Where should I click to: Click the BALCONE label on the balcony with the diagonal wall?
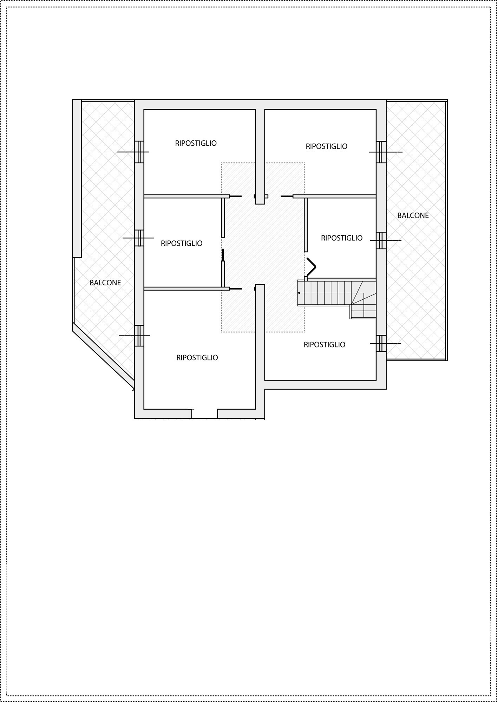point(105,283)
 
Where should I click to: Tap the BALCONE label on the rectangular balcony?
point(413,216)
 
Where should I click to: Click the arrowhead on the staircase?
point(299,293)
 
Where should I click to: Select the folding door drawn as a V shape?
point(311,267)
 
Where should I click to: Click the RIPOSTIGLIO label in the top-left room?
point(196,143)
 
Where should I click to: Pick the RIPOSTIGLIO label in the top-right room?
point(326,146)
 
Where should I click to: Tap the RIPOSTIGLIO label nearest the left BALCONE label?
point(182,243)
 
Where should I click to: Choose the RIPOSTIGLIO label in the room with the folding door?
point(342,238)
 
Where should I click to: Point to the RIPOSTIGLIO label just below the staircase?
point(325,345)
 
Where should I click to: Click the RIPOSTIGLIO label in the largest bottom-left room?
point(197,358)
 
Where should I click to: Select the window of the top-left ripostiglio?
point(139,152)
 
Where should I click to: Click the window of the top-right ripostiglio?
point(381,152)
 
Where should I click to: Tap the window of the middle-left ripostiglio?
point(139,238)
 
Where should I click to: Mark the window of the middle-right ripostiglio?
point(381,240)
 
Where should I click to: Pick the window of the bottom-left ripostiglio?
point(139,336)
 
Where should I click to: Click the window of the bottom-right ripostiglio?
point(381,343)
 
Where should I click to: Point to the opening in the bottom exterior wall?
point(204,414)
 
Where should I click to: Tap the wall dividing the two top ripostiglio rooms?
point(260,157)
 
